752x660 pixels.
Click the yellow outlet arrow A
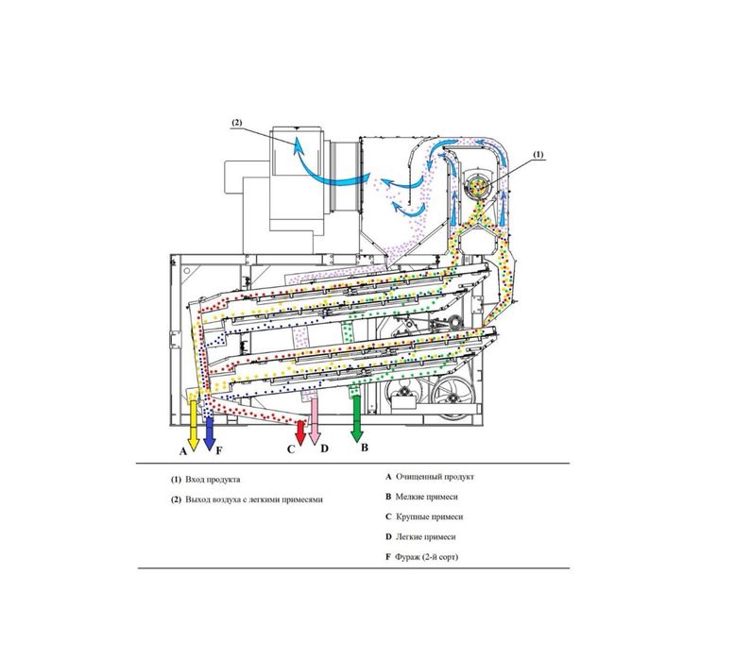coord(194,425)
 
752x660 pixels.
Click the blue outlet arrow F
coord(209,433)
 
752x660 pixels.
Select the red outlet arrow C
coord(300,432)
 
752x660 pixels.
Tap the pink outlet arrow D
coord(315,421)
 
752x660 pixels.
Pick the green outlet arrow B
coord(356,419)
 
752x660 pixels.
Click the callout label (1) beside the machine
coord(538,154)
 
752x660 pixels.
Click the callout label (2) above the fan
coord(237,122)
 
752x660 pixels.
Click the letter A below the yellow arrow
coord(182,451)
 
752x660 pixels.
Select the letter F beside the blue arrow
coord(219,450)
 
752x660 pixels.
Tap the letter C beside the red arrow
coord(291,449)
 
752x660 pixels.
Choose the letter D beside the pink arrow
coord(325,448)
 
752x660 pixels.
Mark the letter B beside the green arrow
coord(365,448)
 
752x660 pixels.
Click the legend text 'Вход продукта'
coord(213,480)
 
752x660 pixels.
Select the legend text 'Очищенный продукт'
coord(435,477)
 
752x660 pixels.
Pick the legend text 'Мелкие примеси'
coord(426,497)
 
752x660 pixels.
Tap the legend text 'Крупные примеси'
coord(430,517)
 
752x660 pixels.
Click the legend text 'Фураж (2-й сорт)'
coord(426,557)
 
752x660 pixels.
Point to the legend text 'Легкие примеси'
coord(425,537)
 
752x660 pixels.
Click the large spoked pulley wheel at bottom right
coord(452,396)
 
